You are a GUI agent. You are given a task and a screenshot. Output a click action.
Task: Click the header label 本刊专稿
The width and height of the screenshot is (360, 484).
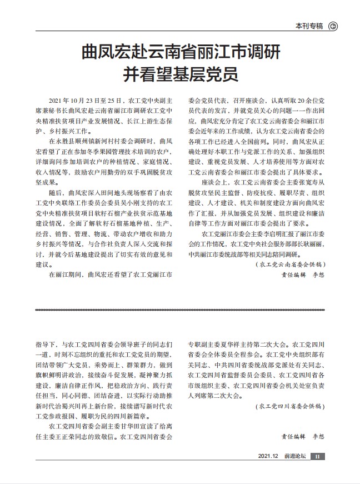click(x=309, y=26)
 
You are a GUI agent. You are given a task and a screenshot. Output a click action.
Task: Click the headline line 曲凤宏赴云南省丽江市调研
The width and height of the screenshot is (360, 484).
click(x=181, y=55)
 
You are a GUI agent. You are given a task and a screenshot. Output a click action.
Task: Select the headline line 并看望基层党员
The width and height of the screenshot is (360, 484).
click(x=181, y=74)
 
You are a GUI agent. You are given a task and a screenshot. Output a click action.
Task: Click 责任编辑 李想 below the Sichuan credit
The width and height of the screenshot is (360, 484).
click(x=302, y=436)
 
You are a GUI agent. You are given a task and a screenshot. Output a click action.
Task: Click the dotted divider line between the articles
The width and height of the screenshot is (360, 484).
click(x=181, y=309)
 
